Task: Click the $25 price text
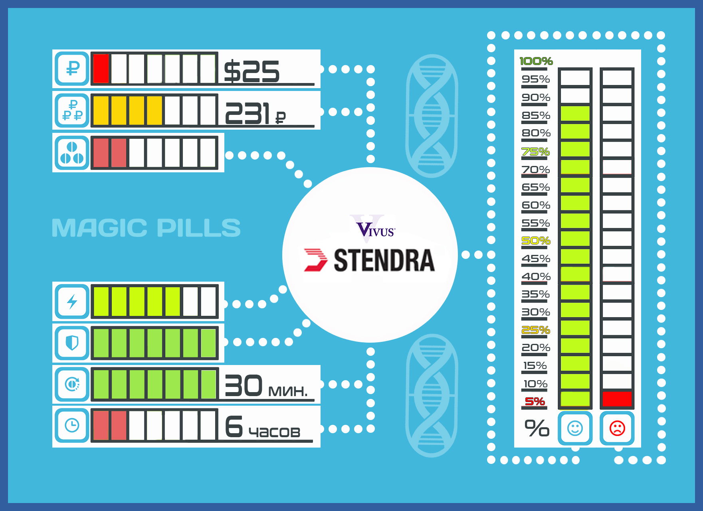point(251,72)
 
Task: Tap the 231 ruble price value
point(254,114)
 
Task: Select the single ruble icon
point(72,68)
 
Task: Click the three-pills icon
point(72,153)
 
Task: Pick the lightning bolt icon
point(72,302)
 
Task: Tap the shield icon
point(72,343)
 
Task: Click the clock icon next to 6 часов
point(72,425)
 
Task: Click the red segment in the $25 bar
point(101,69)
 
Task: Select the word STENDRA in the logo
point(384,260)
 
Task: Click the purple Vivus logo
point(375,230)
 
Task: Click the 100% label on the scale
point(536,61)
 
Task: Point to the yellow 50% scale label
point(536,241)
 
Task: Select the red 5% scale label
point(535,401)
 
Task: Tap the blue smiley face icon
point(575,428)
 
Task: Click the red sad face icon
point(617,428)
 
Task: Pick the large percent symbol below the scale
point(537,428)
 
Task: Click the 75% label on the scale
point(536,152)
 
